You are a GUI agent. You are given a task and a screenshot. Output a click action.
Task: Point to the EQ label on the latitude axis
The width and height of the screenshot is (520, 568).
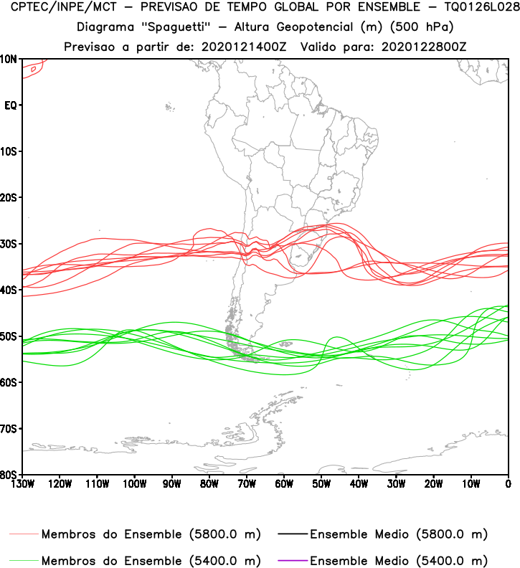point(11,105)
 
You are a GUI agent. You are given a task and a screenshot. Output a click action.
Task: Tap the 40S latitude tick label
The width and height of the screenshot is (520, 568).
point(9,290)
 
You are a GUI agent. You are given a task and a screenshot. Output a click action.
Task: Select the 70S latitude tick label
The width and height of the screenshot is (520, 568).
point(9,429)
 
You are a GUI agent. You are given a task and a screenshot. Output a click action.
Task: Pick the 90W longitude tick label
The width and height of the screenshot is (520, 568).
point(171,483)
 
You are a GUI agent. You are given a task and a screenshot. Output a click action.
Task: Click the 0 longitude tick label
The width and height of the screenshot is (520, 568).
point(508,483)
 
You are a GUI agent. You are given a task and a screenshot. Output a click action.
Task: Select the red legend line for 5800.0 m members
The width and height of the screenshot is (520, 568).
point(24,534)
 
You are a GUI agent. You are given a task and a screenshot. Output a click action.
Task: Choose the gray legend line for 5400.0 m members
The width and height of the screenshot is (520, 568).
point(24,559)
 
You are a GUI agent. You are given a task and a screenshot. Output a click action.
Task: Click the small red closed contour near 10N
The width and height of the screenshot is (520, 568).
point(33,67)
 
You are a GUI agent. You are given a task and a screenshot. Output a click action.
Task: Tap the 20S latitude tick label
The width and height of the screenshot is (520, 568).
point(9,197)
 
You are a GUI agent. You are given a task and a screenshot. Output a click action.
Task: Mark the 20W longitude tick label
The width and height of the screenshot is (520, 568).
point(433,483)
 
